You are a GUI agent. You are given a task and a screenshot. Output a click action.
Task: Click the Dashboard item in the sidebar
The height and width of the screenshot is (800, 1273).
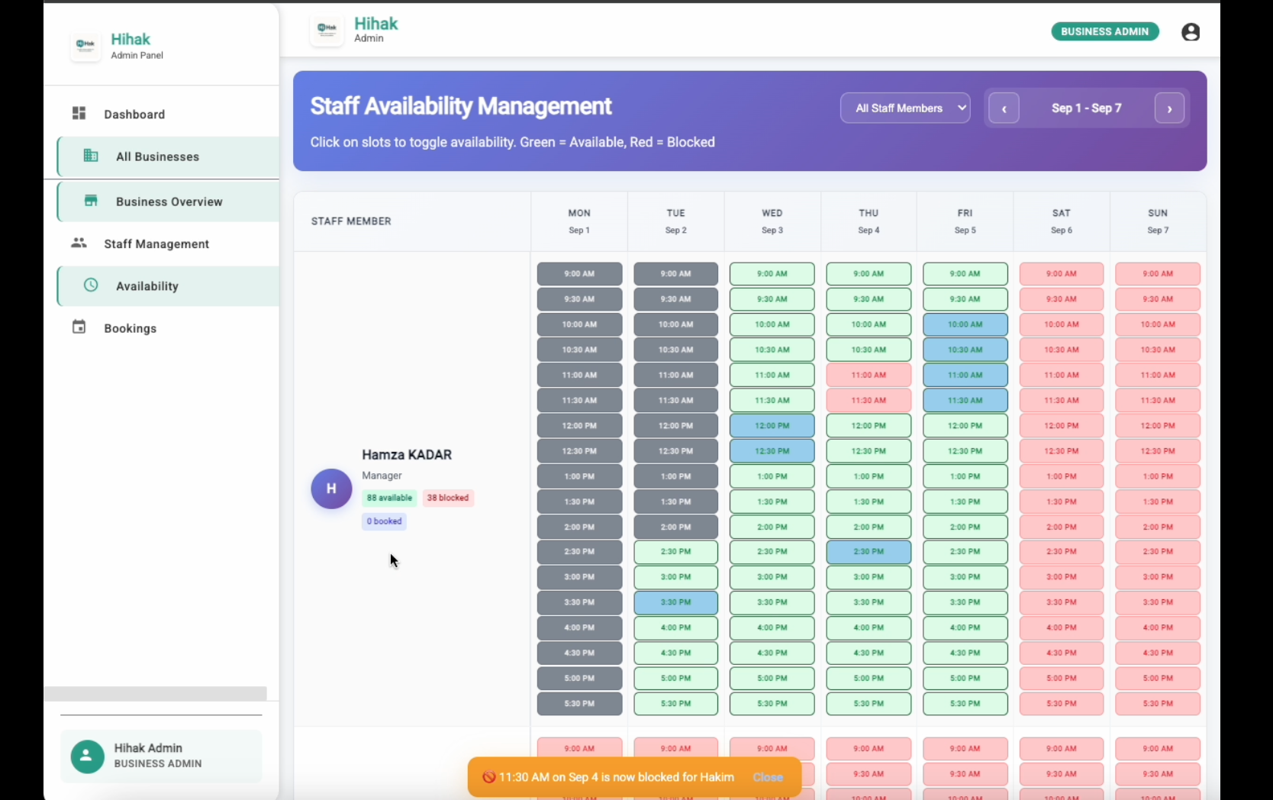pyautogui.click(x=134, y=115)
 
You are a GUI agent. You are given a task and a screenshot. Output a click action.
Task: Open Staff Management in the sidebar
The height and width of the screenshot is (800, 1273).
pyautogui.click(x=156, y=244)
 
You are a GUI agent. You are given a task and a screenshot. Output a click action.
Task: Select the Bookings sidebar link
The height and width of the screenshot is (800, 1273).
pyautogui.click(x=130, y=328)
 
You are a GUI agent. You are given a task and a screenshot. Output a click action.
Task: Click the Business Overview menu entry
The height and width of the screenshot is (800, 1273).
pyautogui.click(x=169, y=202)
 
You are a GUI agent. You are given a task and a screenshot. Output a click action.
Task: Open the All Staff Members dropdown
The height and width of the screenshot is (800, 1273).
pyautogui.click(x=905, y=108)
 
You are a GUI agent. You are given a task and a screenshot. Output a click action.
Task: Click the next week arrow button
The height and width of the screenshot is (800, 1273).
pyautogui.click(x=1169, y=108)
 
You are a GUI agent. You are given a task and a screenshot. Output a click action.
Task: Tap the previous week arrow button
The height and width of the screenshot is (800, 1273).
pyautogui.click(x=1004, y=108)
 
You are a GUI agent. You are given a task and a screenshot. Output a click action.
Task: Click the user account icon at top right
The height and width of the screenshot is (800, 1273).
pyautogui.click(x=1191, y=32)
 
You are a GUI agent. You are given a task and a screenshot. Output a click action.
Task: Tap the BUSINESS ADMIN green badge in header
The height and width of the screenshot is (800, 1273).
pyautogui.click(x=1104, y=31)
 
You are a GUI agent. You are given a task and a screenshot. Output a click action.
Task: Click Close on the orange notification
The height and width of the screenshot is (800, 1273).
pyautogui.click(x=768, y=777)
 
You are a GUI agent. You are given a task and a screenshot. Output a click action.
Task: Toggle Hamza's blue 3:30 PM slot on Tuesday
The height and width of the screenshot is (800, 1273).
pyautogui.click(x=675, y=602)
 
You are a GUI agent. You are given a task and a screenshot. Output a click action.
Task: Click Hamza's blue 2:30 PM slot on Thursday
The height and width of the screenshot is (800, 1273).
pyautogui.click(x=869, y=552)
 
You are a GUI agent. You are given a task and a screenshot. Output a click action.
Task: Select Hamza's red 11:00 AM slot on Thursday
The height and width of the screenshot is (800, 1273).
pyautogui.click(x=869, y=375)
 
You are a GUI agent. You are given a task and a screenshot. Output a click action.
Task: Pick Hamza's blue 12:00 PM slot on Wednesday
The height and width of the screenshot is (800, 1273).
pyautogui.click(x=772, y=426)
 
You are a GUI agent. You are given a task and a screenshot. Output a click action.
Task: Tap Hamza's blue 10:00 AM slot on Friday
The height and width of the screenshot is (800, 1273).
pyautogui.click(x=965, y=324)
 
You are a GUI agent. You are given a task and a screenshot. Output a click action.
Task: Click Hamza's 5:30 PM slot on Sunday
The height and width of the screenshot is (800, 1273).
pyautogui.click(x=1158, y=704)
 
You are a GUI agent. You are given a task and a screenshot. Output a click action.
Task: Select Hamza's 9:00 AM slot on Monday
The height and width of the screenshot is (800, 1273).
pyautogui.click(x=579, y=274)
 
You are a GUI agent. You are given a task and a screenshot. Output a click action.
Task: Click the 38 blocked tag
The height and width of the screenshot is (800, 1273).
pyautogui.click(x=448, y=498)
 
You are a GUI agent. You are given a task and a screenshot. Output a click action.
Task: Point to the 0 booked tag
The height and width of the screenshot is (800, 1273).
pyautogui.click(x=384, y=521)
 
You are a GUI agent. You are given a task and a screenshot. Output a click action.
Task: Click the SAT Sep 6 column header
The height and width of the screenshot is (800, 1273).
pyautogui.click(x=1061, y=221)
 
